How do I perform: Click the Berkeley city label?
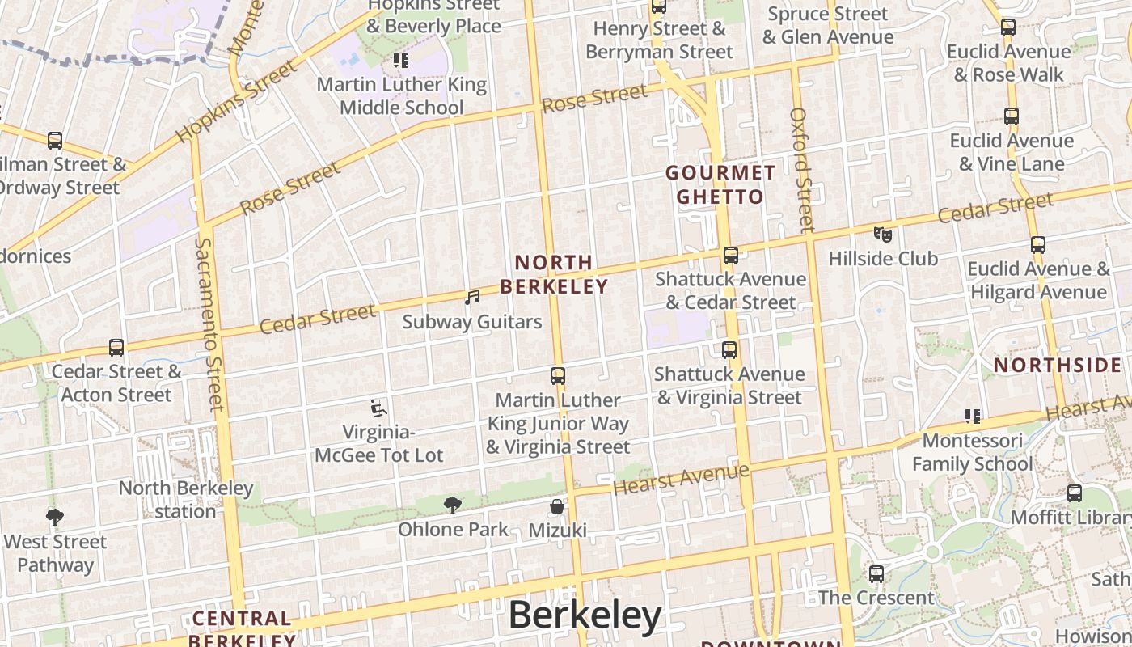pos(585,615)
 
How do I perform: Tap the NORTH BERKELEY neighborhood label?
pos(554,275)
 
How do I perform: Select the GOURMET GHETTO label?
pos(720,184)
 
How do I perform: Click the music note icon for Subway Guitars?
pos(472,298)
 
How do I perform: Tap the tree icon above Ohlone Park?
pos(453,505)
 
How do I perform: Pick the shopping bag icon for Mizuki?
pos(557,507)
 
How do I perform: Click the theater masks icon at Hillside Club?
pos(883,235)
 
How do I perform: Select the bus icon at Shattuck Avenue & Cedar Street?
pos(731,256)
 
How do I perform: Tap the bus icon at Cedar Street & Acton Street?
pos(116,348)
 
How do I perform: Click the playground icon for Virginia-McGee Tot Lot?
pos(378,408)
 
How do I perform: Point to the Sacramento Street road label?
pos(209,323)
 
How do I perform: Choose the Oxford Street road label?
pos(802,170)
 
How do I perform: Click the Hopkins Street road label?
pos(236,101)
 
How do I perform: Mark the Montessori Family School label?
pos(972,452)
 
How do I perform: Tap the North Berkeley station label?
pos(186,499)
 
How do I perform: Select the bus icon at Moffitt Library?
pos(1075,493)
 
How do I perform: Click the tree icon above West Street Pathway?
pos(55,517)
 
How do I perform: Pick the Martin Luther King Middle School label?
pos(401,95)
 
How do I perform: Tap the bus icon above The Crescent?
pos(876,574)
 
